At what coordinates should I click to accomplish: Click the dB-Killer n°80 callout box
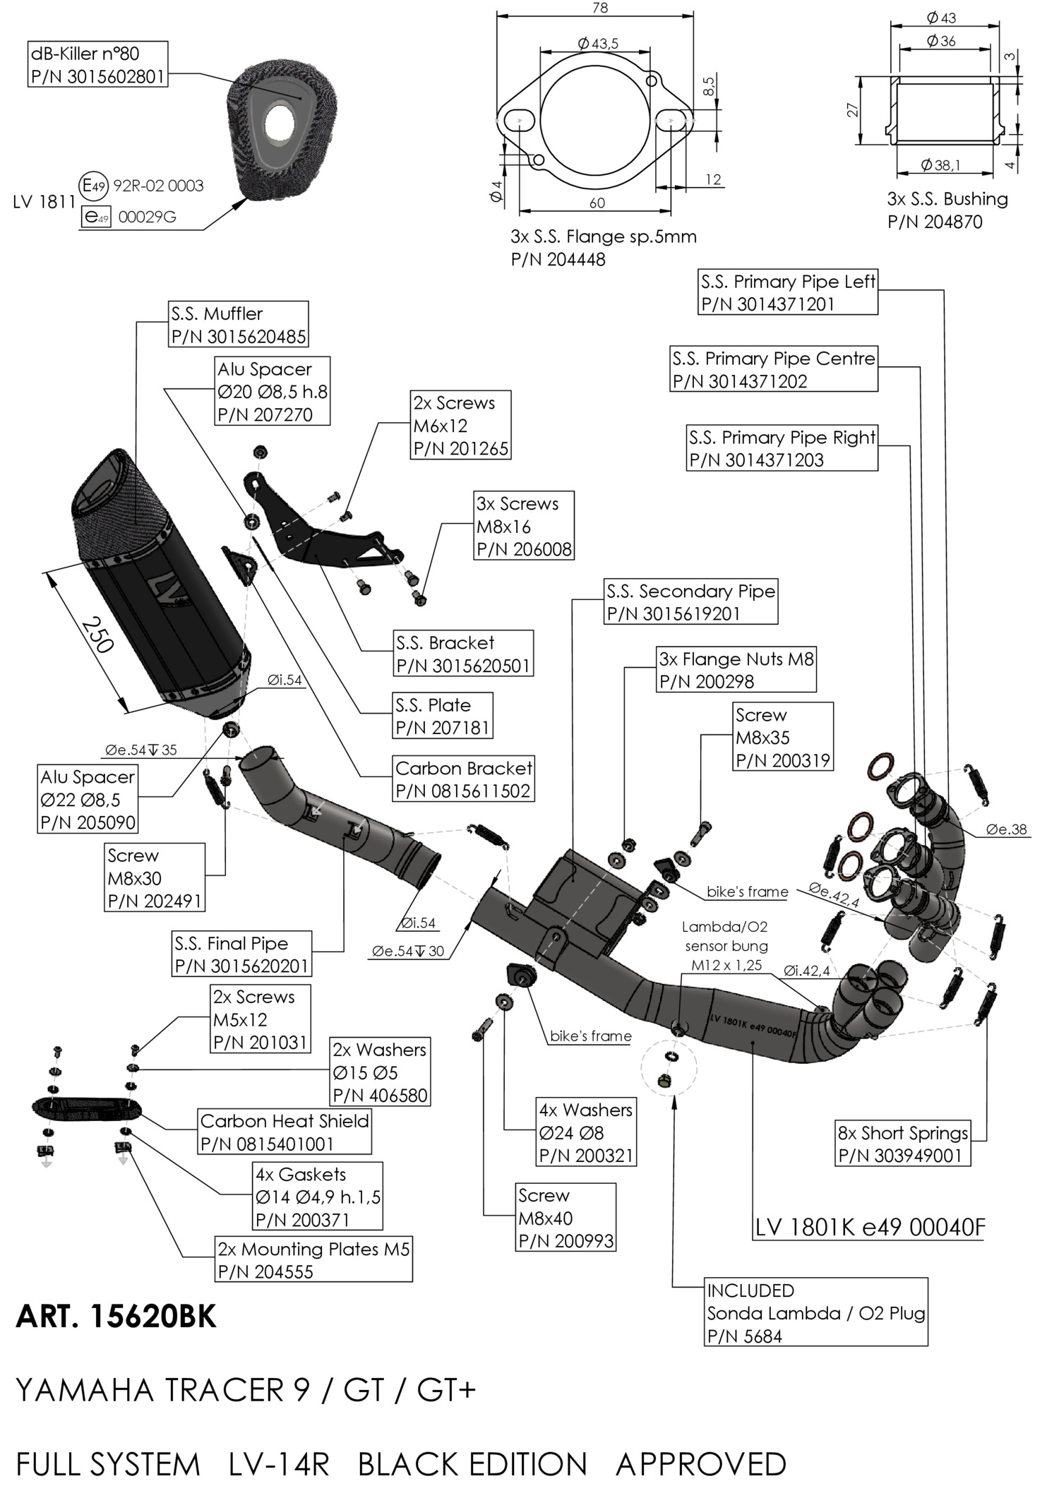[98, 64]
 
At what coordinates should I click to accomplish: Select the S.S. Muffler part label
[239, 325]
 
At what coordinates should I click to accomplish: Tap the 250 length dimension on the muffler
[97, 635]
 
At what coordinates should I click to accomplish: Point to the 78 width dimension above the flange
[599, 8]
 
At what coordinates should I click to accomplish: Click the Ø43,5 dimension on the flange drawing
[597, 44]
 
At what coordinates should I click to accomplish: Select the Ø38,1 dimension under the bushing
[940, 165]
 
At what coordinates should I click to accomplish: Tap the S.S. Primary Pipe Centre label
[774, 369]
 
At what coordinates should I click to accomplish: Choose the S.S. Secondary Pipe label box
[690, 602]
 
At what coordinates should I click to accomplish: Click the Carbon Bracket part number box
[463, 779]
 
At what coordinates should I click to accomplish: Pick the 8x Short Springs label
[902, 1144]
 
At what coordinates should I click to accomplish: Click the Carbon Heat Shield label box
[285, 1132]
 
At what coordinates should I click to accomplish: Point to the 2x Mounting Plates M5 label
[313, 1260]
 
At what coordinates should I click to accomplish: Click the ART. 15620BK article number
[116, 1317]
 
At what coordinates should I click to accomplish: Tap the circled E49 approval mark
[93, 186]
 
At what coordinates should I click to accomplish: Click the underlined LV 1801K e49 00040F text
[869, 1228]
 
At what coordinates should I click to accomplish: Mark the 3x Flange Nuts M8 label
[736, 670]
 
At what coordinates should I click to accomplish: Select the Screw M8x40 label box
[566, 1218]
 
